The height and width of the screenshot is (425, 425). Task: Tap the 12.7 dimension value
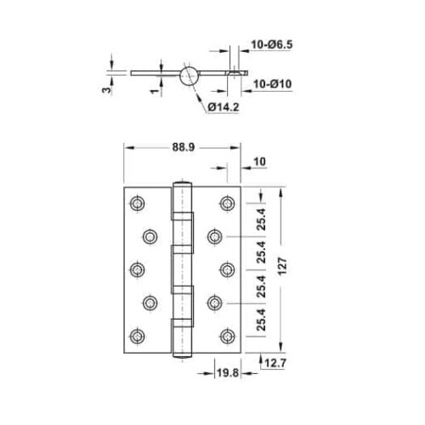(274, 365)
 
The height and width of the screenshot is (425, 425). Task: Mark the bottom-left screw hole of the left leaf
(136, 333)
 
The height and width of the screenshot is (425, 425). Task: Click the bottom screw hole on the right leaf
(227, 333)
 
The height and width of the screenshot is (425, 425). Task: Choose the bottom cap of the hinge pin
(181, 353)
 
